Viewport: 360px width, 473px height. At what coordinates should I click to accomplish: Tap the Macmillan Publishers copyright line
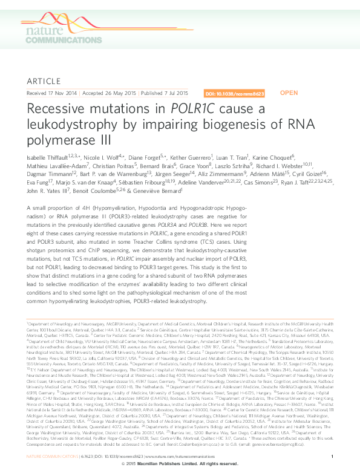[x=180, y=463]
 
